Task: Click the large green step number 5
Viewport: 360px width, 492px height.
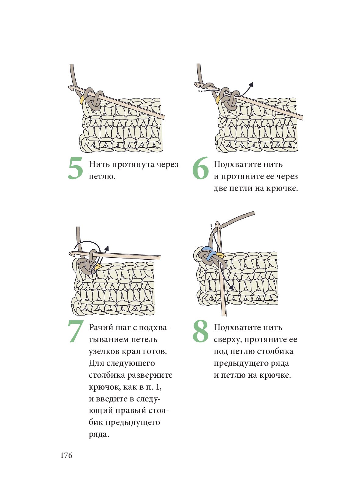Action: coord(75,169)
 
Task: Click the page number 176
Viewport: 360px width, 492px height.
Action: coord(66,455)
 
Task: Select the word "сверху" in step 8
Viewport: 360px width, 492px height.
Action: coord(228,340)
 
